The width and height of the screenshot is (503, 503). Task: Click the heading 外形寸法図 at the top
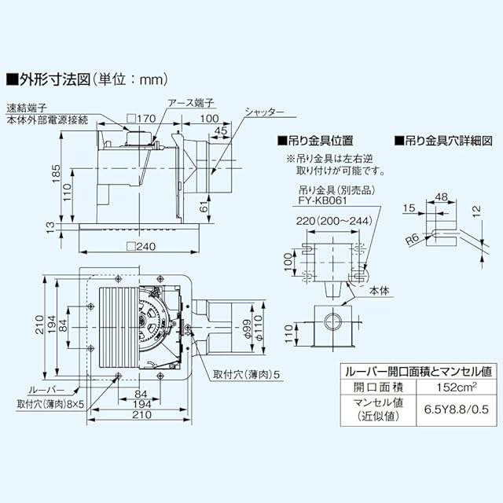click(x=55, y=79)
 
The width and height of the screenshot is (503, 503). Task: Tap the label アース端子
click(x=190, y=103)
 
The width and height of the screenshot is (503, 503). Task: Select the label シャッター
click(x=264, y=112)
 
